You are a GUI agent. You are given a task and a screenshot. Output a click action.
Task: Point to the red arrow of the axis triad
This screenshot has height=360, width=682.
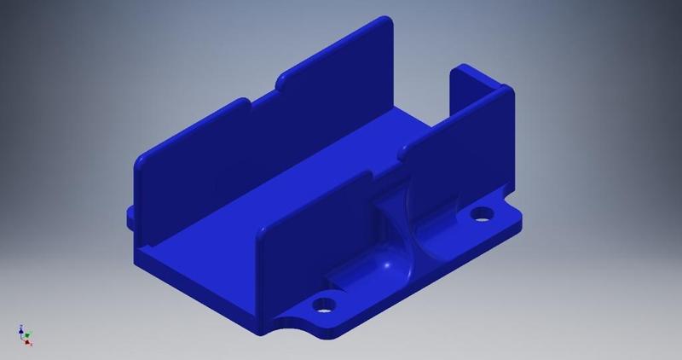pyautogui.click(x=28, y=343)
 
